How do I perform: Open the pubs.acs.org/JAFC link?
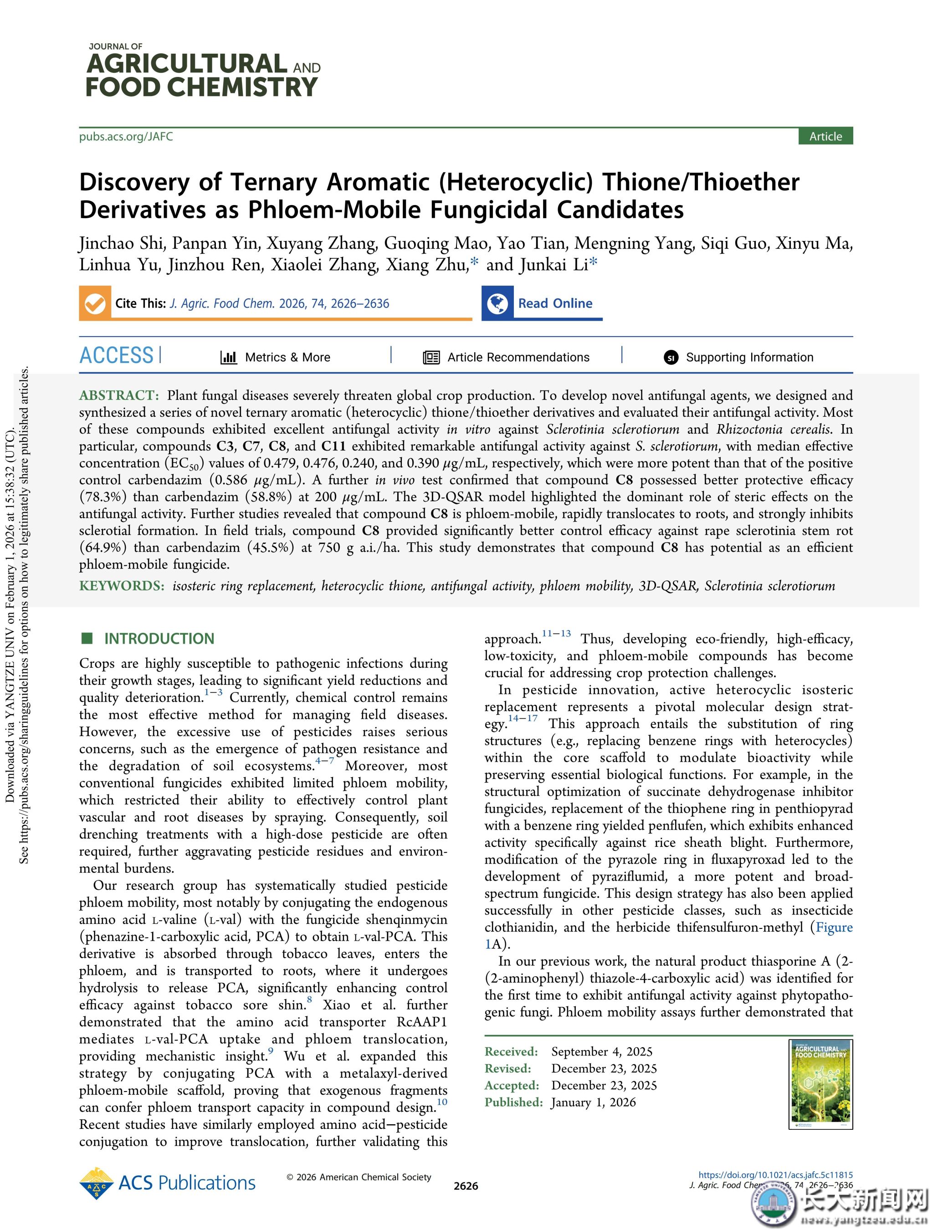click(126, 137)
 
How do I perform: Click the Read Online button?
click(555, 303)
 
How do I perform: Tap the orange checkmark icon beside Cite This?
click(95, 303)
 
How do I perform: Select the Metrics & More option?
click(287, 357)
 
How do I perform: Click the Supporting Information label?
click(749, 357)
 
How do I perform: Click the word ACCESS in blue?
click(116, 356)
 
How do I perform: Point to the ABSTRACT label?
click(119, 395)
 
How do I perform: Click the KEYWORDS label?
click(121, 585)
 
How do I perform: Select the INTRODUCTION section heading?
click(159, 638)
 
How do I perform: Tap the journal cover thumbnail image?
click(820, 1084)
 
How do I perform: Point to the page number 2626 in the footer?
click(466, 1186)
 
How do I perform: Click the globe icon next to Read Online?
click(497, 303)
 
